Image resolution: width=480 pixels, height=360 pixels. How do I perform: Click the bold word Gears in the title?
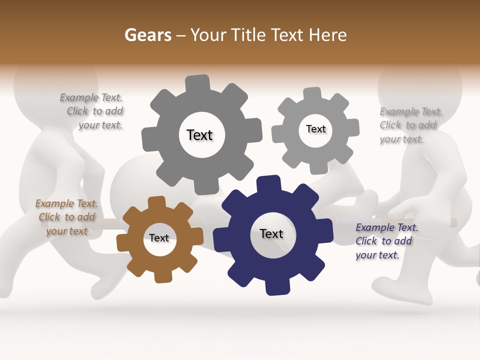click(147, 35)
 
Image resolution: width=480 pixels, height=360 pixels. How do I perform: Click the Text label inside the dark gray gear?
click(199, 135)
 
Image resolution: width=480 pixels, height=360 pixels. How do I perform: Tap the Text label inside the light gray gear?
click(315, 129)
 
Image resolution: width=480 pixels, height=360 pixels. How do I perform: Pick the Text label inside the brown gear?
click(159, 238)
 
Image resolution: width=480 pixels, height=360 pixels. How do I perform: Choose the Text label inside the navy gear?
click(271, 233)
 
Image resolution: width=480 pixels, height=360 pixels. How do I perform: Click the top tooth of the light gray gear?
click(312, 93)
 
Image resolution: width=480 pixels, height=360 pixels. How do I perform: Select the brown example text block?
click(66, 217)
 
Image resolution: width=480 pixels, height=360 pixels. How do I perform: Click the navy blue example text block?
click(386, 241)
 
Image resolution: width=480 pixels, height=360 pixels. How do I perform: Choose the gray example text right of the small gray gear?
click(410, 125)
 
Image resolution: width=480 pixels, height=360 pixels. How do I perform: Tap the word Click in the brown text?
click(49, 217)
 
